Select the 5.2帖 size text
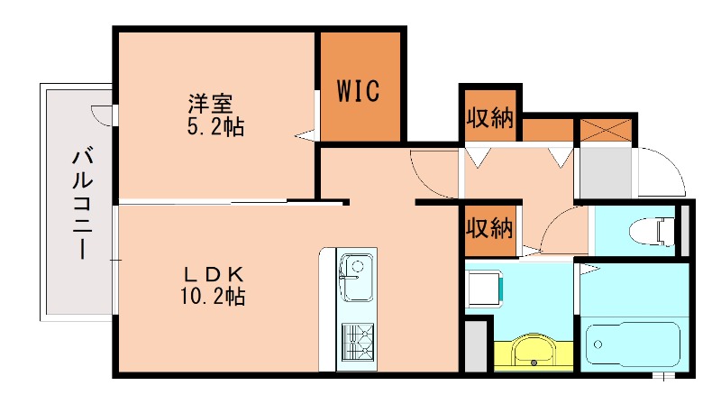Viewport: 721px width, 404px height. click(x=214, y=126)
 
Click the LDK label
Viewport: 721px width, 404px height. click(x=214, y=273)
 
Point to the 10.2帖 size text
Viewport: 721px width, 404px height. click(x=214, y=295)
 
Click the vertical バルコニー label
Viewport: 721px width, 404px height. click(x=82, y=206)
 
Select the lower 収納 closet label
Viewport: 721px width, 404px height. click(x=489, y=229)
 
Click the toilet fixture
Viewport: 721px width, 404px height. click(x=663, y=230)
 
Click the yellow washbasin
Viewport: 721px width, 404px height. click(x=534, y=352)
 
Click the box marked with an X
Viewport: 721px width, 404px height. click(x=606, y=128)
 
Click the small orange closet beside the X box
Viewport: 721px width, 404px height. click(x=548, y=130)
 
